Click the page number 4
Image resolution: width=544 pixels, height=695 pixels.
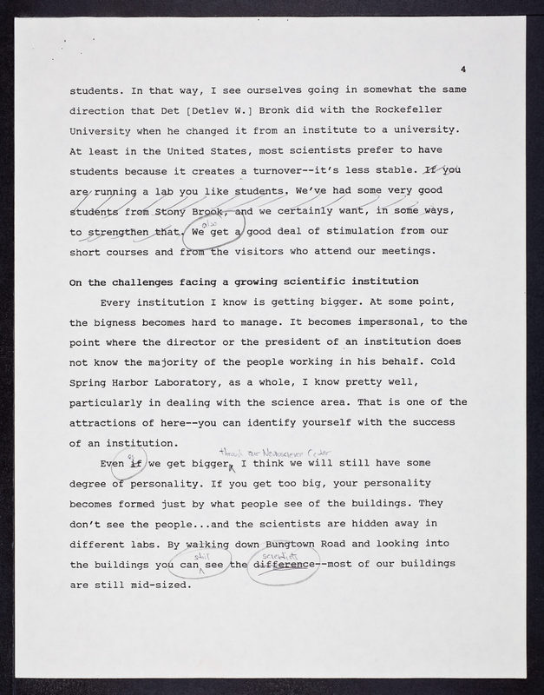464,69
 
